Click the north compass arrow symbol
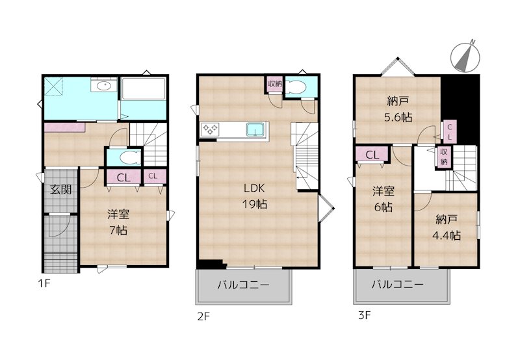[x=466, y=55]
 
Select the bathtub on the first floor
[x=144, y=90]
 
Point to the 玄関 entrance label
[x=61, y=190]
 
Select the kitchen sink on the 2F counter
[x=256, y=130]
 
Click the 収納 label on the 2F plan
[x=274, y=84]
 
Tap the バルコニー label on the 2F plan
[x=243, y=285]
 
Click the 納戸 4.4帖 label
[x=447, y=227]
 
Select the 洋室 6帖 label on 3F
[x=382, y=199]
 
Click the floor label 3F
[x=363, y=316]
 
